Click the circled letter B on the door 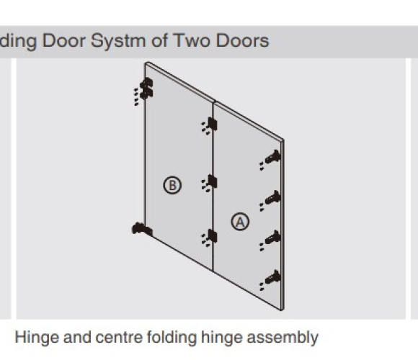[x=172, y=185]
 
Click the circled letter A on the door [x=240, y=222]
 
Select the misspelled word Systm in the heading [x=119, y=42]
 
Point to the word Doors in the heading [x=242, y=41]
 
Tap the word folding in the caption [x=172, y=338]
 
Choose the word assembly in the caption [x=283, y=338]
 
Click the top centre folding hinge [x=212, y=124]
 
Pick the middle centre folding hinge [x=212, y=181]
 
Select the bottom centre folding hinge [x=212, y=236]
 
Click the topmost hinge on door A [x=273, y=157]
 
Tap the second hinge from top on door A [x=273, y=198]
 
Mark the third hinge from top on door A [x=273, y=238]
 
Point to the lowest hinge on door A [x=273, y=277]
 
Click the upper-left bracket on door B [x=146, y=89]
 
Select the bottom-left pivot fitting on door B [x=142, y=229]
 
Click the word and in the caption [x=77, y=338]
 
